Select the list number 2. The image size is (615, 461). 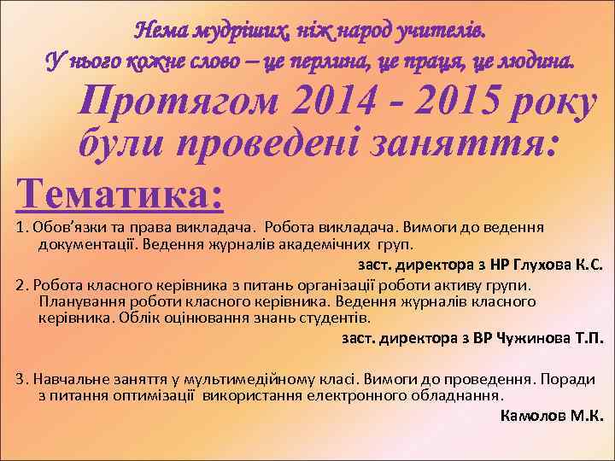[20, 284]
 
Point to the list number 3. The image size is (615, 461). [20, 379]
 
